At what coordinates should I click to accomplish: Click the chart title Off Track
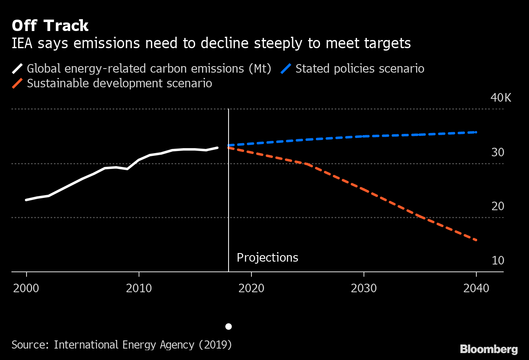tap(50, 26)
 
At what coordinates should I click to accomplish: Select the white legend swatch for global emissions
tap(18, 68)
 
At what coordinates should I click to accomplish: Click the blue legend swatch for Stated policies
tap(286, 68)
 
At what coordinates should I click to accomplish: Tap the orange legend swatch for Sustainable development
tap(18, 83)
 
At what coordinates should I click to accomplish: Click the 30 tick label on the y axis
tap(498, 153)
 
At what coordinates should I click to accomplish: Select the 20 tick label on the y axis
tap(498, 207)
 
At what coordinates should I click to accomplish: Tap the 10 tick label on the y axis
tap(498, 260)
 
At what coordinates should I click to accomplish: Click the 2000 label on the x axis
tap(26, 288)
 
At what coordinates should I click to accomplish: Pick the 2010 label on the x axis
tap(139, 288)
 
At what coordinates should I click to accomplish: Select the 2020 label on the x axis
tap(251, 288)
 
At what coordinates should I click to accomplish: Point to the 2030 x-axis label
tap(364, 288)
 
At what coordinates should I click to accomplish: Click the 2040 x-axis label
tap(476, 288)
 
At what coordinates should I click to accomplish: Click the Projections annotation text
tap(267, 258)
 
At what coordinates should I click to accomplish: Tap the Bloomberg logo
tap(489, 349)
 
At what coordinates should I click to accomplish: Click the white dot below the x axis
tap(229, 327)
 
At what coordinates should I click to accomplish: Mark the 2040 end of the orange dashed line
tap(476, 240)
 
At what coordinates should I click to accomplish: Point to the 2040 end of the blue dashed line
tap(476, 132)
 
